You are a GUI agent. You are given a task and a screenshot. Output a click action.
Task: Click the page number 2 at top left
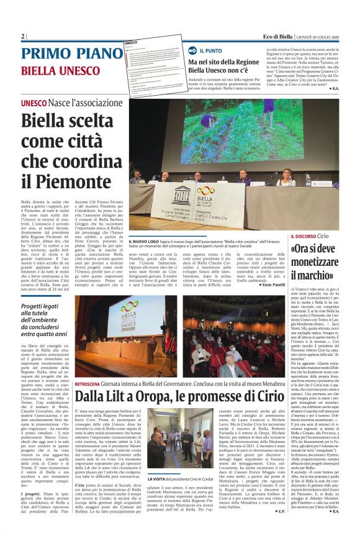[x=22, y=36]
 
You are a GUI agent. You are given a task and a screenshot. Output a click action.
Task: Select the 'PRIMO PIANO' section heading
[x=61, y=53]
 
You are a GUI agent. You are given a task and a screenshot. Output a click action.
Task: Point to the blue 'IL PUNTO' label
[x=210, y=50]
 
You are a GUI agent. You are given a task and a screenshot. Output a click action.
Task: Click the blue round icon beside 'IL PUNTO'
[x=192, y=50]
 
